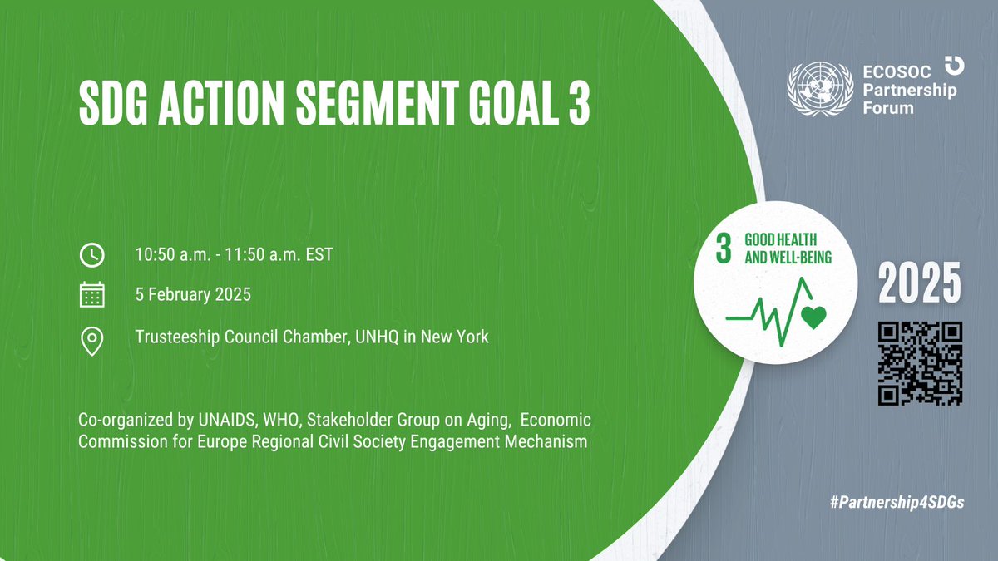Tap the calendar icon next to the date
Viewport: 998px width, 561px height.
pos(91,295)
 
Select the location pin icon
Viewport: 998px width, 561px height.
pos(91,340)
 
